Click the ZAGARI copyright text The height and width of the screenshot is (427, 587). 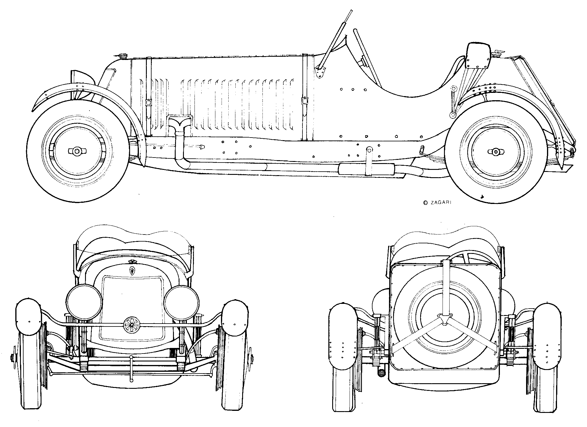[437, 202]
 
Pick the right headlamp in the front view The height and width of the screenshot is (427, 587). [182, 303]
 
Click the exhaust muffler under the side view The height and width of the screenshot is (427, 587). [366, 169]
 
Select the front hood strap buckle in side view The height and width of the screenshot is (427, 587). [148, 103]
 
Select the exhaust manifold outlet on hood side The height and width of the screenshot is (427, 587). [179, 121]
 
